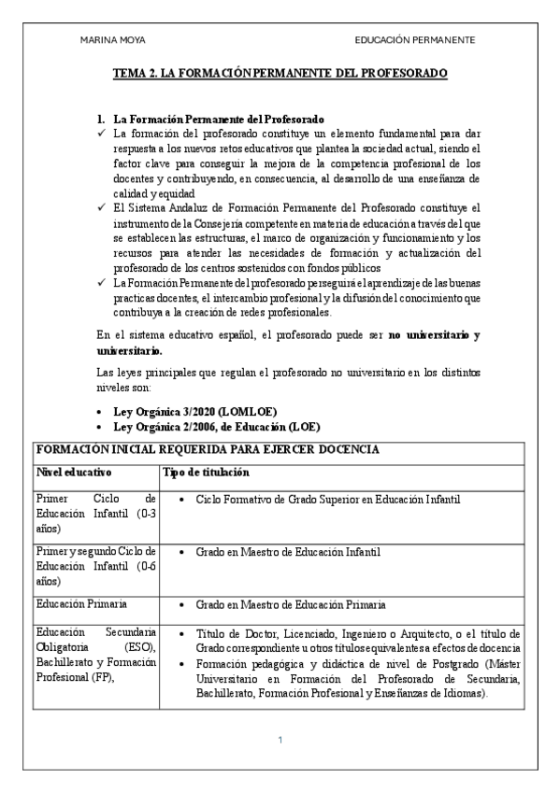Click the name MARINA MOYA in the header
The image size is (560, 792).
(x=113, y=40)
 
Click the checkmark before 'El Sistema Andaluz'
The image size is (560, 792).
(x=103, y=206)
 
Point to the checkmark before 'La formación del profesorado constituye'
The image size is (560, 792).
(x=103, y=134)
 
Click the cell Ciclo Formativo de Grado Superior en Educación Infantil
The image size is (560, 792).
(x=328, y=500)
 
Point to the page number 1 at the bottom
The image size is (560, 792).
(x=280, y=741)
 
